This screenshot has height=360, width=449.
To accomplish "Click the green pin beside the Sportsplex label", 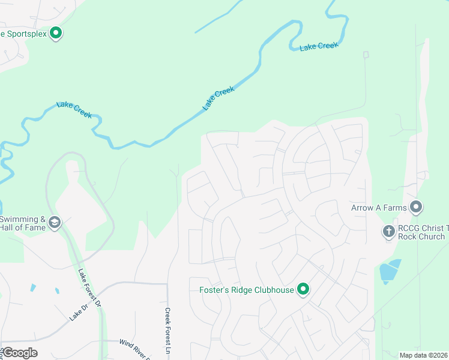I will (x=56, y=33).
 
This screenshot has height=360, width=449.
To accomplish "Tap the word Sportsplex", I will (x=25, y=34).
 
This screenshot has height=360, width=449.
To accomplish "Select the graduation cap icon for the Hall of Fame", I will (x=55, y=223).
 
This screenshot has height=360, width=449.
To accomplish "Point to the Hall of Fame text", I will (x=23, y=229).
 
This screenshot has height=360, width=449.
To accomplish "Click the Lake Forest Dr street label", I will (x=89, y=287).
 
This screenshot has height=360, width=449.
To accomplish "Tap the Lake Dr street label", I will (x=79, y=312).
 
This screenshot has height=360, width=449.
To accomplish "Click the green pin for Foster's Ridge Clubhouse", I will (x=304, y=289).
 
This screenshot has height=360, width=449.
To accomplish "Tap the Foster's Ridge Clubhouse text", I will (x=247, y=290).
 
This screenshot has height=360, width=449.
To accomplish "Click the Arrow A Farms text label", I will (x=379, y=208).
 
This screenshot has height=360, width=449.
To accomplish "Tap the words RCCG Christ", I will (x=423, y=228).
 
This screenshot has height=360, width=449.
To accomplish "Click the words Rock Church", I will (x=421, y=236).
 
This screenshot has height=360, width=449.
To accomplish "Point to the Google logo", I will (x=20, y=353).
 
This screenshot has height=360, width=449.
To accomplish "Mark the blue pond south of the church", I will (x=391, y=271).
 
